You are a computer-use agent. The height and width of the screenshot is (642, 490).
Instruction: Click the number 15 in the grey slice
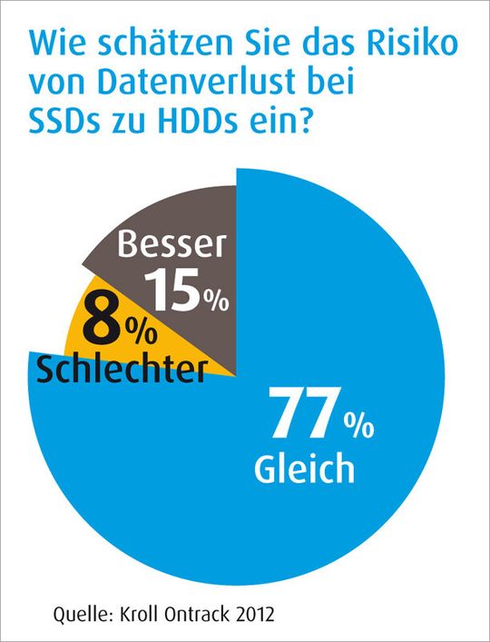click(x=174, y=291)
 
